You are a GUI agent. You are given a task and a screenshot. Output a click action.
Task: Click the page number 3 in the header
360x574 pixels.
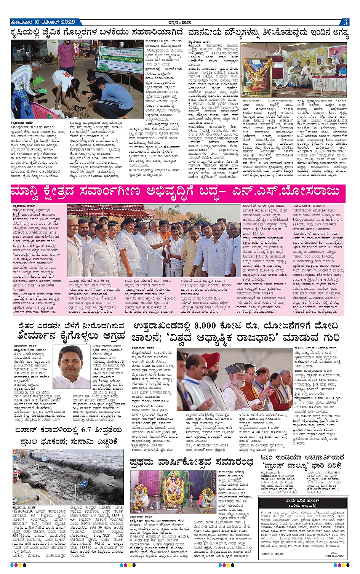tap(345, 22)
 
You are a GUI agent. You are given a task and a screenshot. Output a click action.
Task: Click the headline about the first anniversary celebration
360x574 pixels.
tap(191, 462)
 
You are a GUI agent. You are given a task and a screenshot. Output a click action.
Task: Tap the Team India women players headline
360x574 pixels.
tap(302, 461)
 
